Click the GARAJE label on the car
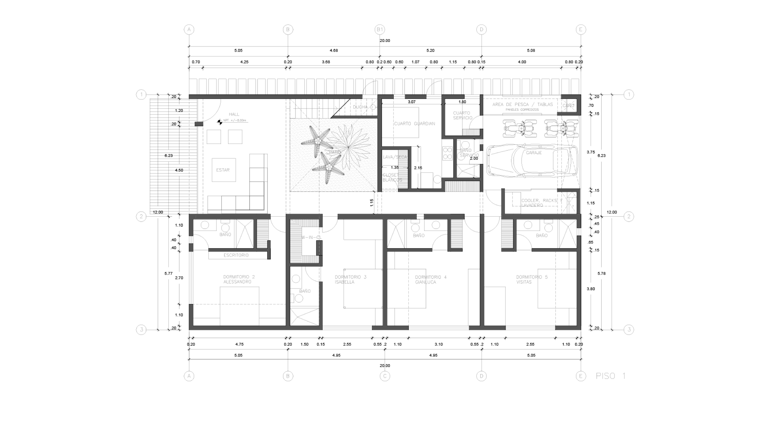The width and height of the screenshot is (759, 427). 534,153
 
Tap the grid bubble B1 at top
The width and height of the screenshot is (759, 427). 380,29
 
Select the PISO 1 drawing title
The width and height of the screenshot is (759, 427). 611,376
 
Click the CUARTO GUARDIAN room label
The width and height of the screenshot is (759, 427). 414,124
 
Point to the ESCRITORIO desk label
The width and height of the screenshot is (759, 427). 236,255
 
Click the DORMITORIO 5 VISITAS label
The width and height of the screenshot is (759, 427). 532,279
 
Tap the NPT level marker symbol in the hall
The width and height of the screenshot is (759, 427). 220,122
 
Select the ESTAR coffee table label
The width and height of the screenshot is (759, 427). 223,170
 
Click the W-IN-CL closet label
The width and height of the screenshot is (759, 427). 311,237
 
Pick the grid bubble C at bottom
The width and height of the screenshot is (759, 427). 385,376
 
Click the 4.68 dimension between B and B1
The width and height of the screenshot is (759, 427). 334,50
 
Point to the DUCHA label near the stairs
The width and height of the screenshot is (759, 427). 360,107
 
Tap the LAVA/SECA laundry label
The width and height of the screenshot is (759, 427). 395,157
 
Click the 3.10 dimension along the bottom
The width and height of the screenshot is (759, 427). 438,344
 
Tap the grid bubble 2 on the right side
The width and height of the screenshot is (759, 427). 628,217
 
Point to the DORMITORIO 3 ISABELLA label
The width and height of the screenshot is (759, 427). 350,279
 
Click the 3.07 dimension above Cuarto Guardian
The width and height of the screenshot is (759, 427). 411,102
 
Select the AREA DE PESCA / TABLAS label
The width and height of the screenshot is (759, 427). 522,104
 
